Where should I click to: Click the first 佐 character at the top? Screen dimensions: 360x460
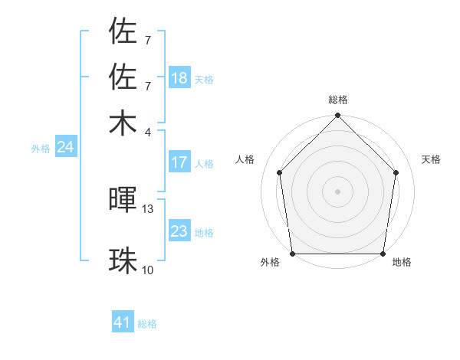[123, 31]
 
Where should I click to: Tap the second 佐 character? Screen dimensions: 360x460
[123, 77]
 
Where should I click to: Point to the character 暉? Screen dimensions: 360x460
[123, 201]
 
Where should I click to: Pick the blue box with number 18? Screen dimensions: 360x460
[179, 78]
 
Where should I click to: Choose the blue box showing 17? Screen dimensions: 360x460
[179, 162]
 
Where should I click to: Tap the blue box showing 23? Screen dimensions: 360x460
[179, 231]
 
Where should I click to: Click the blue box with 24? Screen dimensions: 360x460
[65, 147]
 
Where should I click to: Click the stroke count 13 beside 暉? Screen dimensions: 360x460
[148, 208]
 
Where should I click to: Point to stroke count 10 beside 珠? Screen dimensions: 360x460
[148, 270]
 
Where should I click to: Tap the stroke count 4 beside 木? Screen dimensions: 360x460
[148, 131]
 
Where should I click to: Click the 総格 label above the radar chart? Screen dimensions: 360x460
[337, 100]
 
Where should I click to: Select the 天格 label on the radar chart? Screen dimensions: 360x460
[432, 159]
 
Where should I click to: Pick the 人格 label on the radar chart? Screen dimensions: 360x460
[245, 159]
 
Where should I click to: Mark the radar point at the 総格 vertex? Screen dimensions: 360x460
[337, 116]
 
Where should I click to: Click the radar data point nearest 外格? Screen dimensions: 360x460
[292, 254]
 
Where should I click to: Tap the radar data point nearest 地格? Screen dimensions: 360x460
[383, 254]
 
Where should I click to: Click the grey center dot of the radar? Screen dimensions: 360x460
[337, 191]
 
